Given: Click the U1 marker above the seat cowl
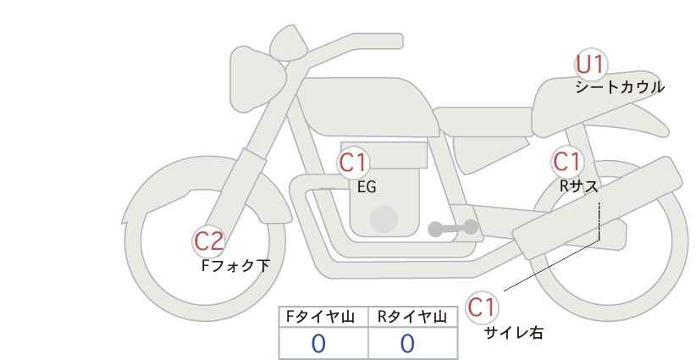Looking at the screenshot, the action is coord(591,64).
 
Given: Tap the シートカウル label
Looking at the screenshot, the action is coord(620,87).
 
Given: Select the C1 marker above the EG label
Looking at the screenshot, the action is coord(353,163).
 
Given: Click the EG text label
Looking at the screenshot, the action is coord(367,187).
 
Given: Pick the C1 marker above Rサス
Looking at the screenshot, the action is coord(566,162).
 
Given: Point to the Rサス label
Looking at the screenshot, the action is coord(579,186).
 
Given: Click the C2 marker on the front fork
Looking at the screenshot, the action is coord(208,241).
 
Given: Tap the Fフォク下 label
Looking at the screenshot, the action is coord(235,266).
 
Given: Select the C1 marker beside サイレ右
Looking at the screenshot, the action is coord(482,307).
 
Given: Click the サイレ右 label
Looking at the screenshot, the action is coord(514,333).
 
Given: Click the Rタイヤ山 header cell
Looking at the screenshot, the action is coord(413,317).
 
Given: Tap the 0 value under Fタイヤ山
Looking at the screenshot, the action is coord(318,344).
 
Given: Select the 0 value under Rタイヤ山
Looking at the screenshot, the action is coord(407,344).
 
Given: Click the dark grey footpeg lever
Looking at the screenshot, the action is coord(453,228).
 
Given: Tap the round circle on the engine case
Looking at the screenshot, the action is coord(384,219).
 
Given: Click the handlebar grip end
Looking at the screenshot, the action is coord(397,42).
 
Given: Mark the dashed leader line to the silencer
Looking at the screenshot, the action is coord(599,220).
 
